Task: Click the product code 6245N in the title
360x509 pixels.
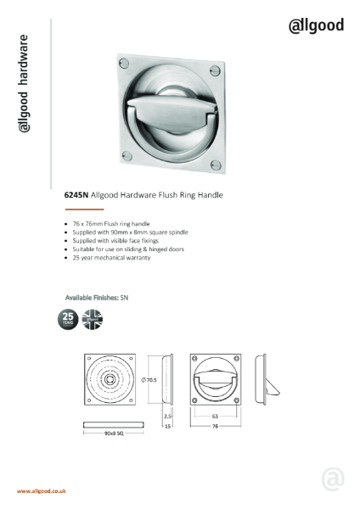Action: click(76, 194)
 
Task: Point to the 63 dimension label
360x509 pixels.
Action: click(215, 417)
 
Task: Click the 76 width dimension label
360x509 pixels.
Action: click(216, 428)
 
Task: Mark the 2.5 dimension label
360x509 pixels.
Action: click(168, 417)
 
